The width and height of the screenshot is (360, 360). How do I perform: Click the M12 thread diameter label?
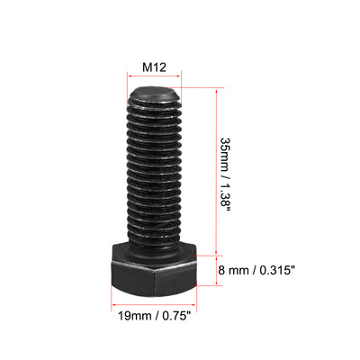coord(154,67)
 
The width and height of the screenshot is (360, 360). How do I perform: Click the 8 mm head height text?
coord(233,271)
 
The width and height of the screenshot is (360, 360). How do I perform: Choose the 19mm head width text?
coord(135,316)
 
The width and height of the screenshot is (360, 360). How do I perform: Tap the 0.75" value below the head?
coord(176,316)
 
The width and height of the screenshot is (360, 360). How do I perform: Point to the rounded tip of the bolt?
coord(155,94)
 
